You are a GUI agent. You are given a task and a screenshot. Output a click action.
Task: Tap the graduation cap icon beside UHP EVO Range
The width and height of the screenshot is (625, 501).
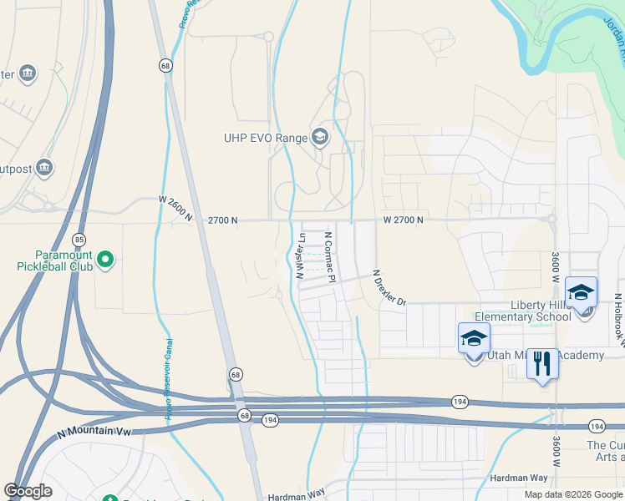click(319, 137)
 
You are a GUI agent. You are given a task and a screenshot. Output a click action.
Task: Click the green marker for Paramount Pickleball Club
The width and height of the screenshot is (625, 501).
click(104, 261)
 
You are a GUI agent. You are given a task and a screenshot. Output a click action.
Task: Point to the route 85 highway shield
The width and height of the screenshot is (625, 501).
click(78, 240)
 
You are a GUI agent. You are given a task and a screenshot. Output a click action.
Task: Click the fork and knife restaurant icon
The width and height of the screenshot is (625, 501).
click(543, 364)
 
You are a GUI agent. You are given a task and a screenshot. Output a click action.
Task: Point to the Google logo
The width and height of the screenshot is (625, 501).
click(28, 491)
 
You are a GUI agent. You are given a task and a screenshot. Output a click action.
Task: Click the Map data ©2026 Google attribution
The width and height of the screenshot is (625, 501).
click(573, 493)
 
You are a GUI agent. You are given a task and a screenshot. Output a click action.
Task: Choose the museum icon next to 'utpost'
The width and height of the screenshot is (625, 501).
click(44, 168)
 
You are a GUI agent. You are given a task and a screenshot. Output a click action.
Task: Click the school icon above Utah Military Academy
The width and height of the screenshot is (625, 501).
click(474, 339)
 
